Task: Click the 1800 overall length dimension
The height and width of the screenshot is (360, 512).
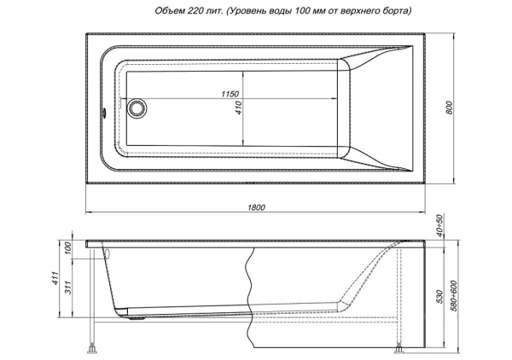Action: coord(256,207)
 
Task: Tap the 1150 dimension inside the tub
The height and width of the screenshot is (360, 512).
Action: coord(228,93)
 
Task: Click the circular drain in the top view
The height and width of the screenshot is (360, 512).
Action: coord(137,108)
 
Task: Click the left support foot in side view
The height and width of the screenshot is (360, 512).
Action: coord(91,348)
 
